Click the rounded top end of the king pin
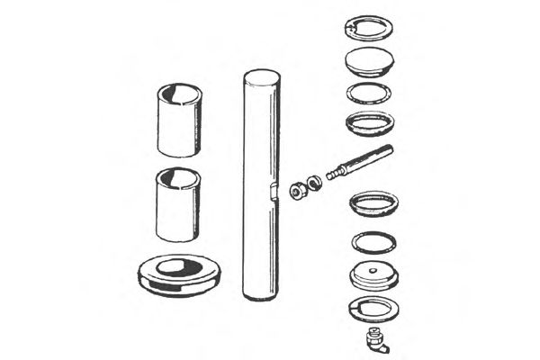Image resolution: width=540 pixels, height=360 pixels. coord(260,76)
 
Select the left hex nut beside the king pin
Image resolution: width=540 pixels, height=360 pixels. coord(296,190)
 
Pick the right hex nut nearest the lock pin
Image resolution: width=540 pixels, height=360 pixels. coord(312,183)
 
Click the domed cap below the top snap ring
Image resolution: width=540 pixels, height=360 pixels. coord(369,63)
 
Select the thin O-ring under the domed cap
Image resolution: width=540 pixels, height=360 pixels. coord(369,93)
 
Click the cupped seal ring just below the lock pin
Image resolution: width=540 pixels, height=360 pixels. coord(373,203)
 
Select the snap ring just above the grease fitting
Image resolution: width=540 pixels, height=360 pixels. coord(372,307)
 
